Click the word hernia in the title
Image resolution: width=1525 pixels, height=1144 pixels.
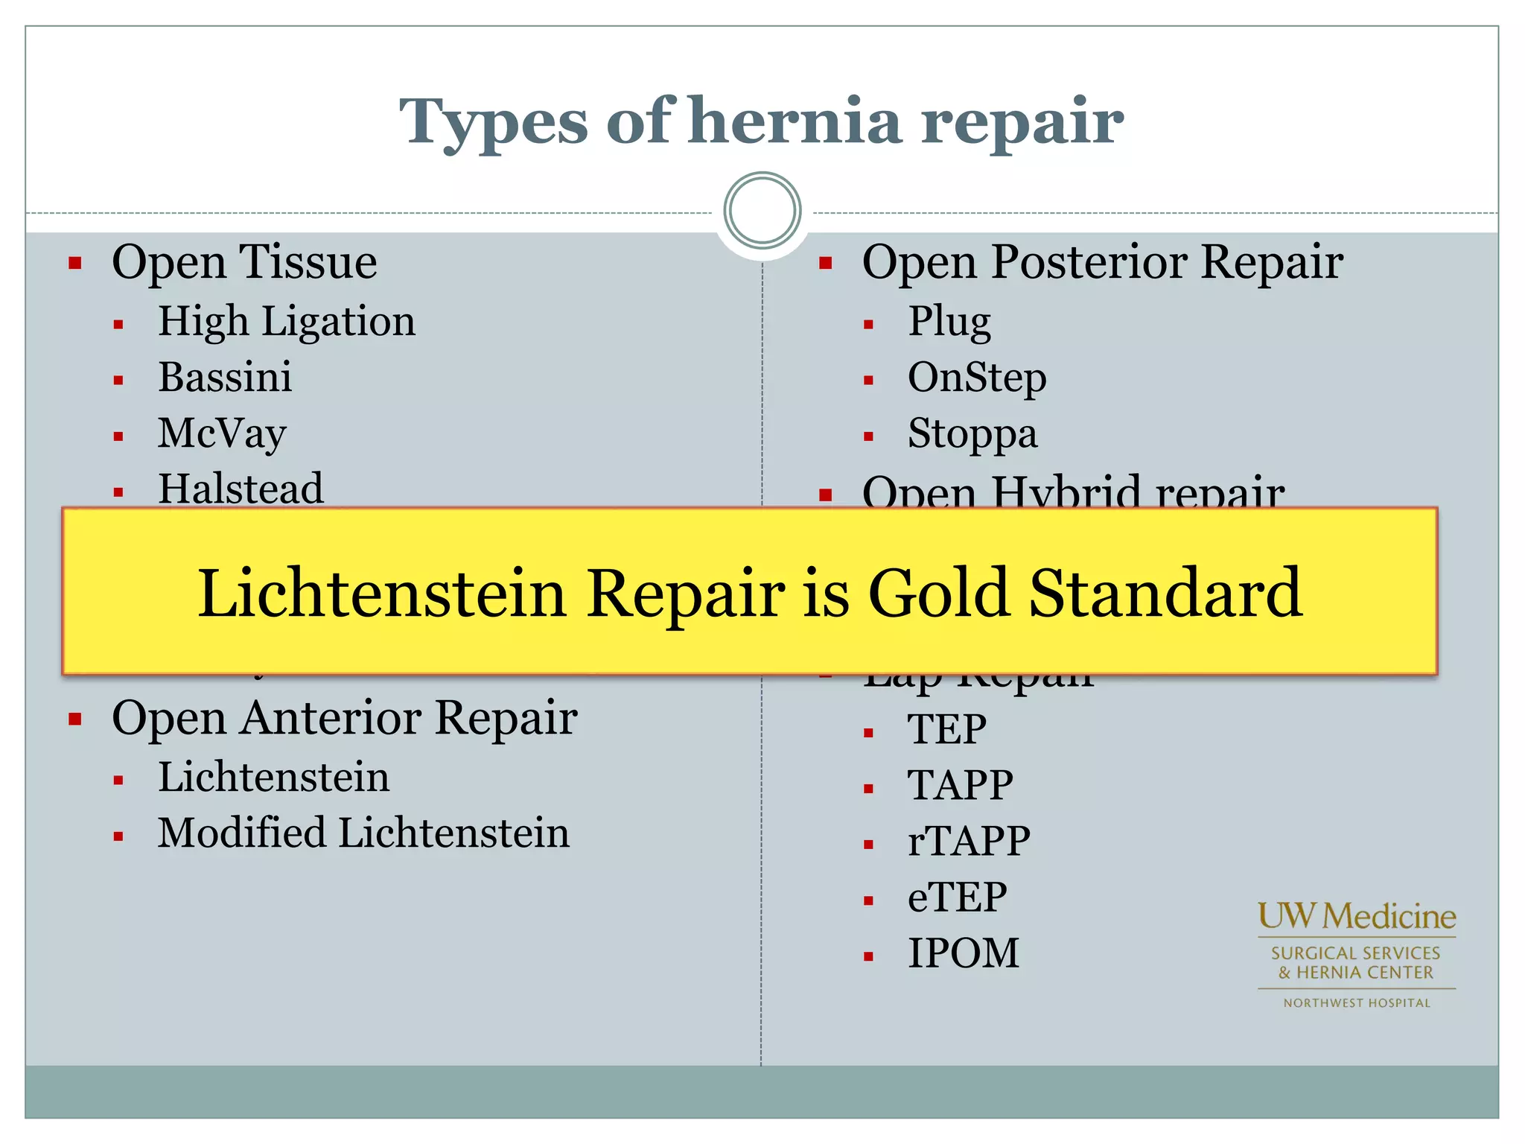pyautogui.click(x=795, y=121)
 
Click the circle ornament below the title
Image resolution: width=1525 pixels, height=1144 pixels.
pyautogui.click(x=762, y=211)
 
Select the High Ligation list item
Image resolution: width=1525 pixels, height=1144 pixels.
pyautogui.click(x=287, y=322)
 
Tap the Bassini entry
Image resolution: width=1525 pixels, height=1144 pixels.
pyautogui.click(x=225, y=378)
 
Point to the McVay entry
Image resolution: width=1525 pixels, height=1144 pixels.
pyautogui.click(x=222, y=433)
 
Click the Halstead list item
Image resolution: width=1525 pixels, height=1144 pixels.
pyautogui.click(x=241, y=489)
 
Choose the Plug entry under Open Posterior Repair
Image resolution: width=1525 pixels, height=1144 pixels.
pyautogui.click(x=949, y=322)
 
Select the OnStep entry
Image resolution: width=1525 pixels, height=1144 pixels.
pyautogui.click(x=977, y=378)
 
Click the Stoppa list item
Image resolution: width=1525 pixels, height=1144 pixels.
pyautogui.click(x=972, y=433)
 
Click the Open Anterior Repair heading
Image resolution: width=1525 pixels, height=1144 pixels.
pyautogui.click(x=344, y=718)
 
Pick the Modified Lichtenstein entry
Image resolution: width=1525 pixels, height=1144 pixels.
pyautogui.click(x=363, y=833)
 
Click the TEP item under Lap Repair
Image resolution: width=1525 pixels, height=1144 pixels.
pyautogui.click(x=946, y=728)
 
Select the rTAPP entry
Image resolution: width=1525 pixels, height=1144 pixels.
pyautogui.click(x=969, y=841)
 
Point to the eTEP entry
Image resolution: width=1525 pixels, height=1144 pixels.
pyautogui.click(x=957, y=897)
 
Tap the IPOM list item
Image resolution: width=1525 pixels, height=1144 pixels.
pyautogui.click(x=963, y=953)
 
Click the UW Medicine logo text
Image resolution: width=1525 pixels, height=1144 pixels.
pyautogui.click(x=1357, y=916)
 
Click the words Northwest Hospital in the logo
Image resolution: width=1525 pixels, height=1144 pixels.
pyautogui.click(x=1357, y=1003)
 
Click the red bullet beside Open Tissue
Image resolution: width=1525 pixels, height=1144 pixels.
pyautogui.click(x=75, y=263)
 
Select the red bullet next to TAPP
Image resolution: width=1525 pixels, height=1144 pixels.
pyautogui.click(x=868, y=789)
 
